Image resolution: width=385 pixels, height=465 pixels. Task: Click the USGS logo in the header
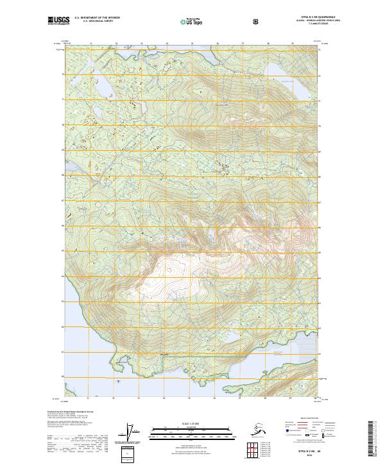[58, 21]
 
